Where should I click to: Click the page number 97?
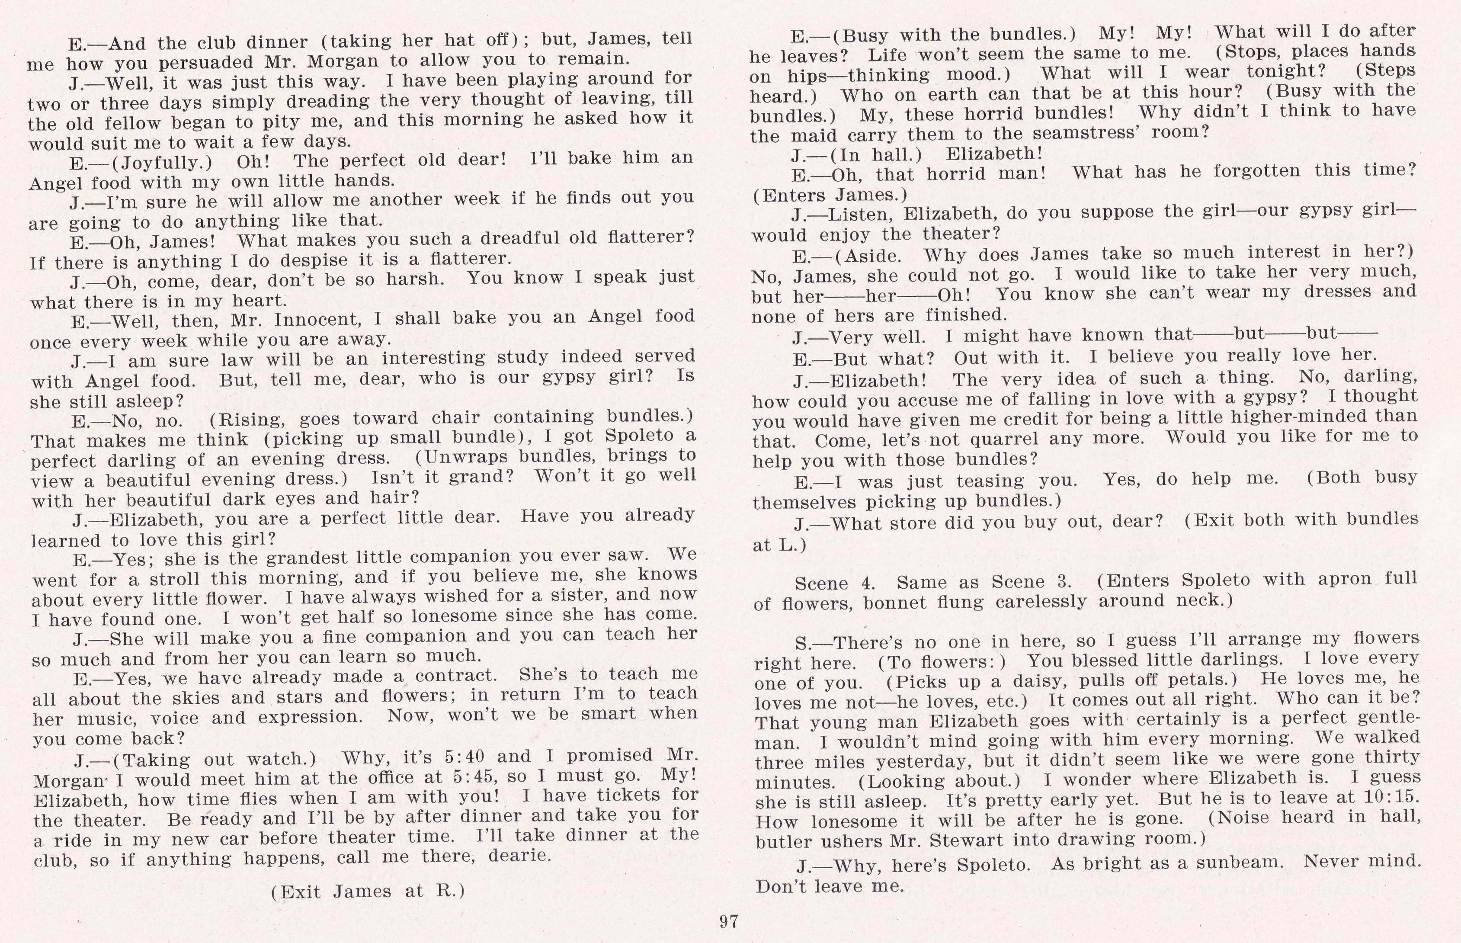click(729, 921)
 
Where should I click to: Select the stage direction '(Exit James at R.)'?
click(368, 891)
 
